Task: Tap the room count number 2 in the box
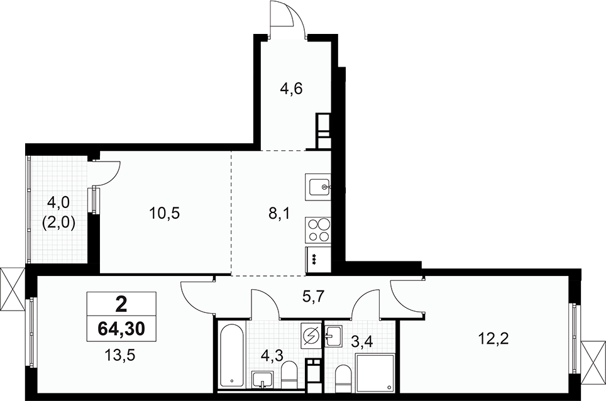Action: coord(121,304)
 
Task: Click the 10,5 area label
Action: coord(165,213)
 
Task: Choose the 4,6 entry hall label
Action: coord(291,88)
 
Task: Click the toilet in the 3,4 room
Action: coord(343,377)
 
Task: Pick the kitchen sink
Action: coord(318,186)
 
